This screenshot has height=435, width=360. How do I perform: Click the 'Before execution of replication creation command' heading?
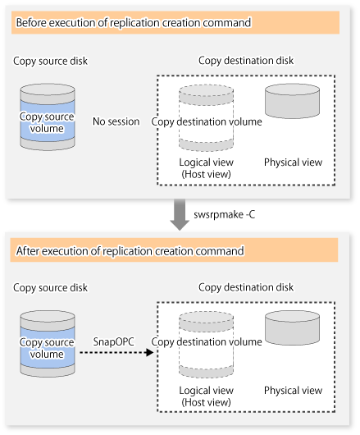click(x=134, y=23)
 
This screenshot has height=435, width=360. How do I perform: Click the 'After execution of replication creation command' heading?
click(x=130, y=251)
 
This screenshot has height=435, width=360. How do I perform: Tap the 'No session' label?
click(x=116, y=121)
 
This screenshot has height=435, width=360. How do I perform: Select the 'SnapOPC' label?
click(x=114, y=341)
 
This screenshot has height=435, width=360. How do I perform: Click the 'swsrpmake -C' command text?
click(x=225, y=214)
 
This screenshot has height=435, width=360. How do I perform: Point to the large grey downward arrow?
click(x=180, y=214)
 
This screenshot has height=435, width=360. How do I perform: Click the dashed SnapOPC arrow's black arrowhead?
click(x=149, y=353)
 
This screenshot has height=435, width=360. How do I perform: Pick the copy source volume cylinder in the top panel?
click(x=48, y=117)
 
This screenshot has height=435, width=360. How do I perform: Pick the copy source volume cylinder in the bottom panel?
click(x=48, y=344)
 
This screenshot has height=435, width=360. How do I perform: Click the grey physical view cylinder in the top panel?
click(x=293, y=101)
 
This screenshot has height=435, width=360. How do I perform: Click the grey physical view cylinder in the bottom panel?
click(x=293, y=328)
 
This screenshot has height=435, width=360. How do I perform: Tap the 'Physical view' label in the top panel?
click(x=293, y=163)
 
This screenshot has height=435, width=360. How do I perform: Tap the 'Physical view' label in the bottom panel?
click(x=293, y=391)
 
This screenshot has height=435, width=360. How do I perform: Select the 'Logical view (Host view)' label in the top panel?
click(x=206, y=168)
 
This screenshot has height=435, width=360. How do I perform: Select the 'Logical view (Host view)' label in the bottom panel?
click(x=206, y=396)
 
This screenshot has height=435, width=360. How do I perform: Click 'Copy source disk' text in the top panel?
click(x=51, y=61)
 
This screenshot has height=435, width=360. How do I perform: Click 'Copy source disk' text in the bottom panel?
click(x=51, y=288)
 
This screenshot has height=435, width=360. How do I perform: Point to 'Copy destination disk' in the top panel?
click(x=246, y=61)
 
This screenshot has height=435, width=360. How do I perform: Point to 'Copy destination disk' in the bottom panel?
click(x=246, y=287)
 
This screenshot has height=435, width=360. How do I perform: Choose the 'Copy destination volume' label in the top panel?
click(x=207, y=121)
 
